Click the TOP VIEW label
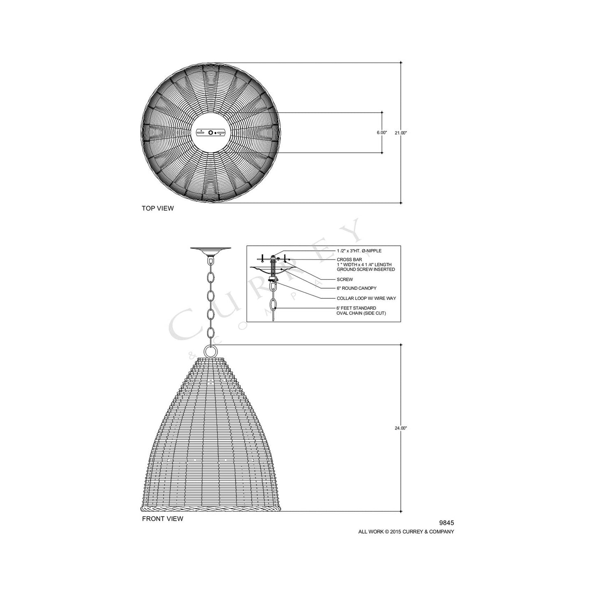point(157,208)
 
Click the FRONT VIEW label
point(162,519)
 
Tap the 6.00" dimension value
point(382,133)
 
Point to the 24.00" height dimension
point(401,428)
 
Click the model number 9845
point(446,523)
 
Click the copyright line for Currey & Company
point(406,532)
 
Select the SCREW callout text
point(344,280)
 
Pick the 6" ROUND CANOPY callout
point(356,288)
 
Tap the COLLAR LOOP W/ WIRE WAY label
point(366,298)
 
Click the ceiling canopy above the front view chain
point(210,250)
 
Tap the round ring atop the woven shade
point(210,351)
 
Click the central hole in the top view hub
point(211,133)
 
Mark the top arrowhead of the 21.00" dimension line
point(401,63)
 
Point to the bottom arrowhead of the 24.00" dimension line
point(401,511)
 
